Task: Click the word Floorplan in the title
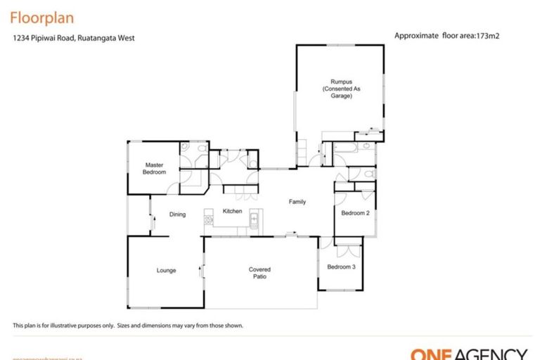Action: [42, 17]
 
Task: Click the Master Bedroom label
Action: [155, 169]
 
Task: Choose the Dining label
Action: [177, 214]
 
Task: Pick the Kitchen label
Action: [232, 211]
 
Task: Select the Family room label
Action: [297, 202]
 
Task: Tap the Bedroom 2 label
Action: [355, 213]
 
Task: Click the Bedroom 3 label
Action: [341, 266]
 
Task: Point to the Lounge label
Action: [166, 270]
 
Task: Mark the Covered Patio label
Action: [259, 273]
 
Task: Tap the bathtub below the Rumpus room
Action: [347, 148]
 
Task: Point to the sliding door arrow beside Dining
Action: [151, 221]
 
